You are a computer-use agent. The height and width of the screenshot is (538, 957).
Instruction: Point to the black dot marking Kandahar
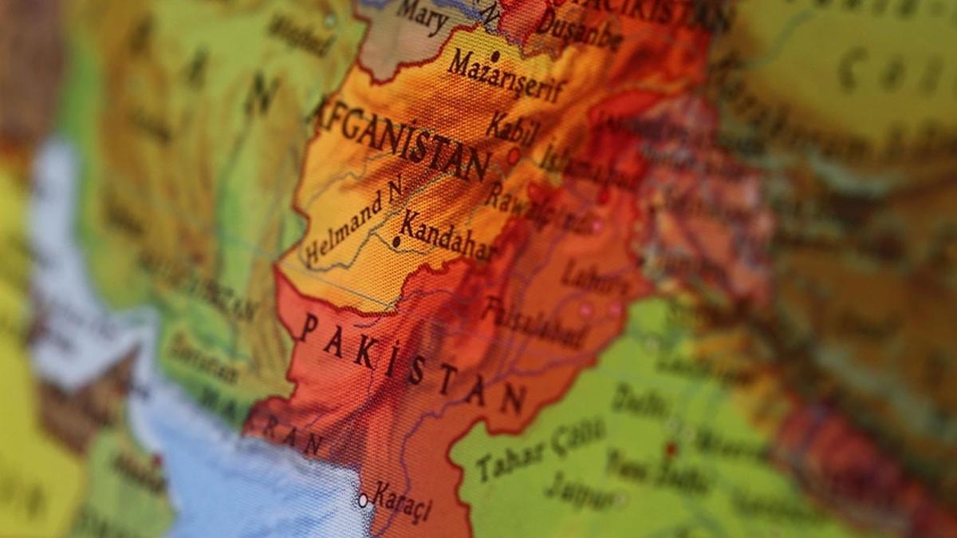(x=396, y=240)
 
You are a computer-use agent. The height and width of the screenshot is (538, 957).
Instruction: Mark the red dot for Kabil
(x=514, y=155)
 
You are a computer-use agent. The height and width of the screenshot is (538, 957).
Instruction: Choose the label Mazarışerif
(x=506, y=77)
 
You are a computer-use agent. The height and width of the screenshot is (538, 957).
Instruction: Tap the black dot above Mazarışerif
(x=495, y=56)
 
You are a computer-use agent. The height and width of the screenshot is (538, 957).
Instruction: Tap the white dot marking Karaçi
(x=363, y=500)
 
